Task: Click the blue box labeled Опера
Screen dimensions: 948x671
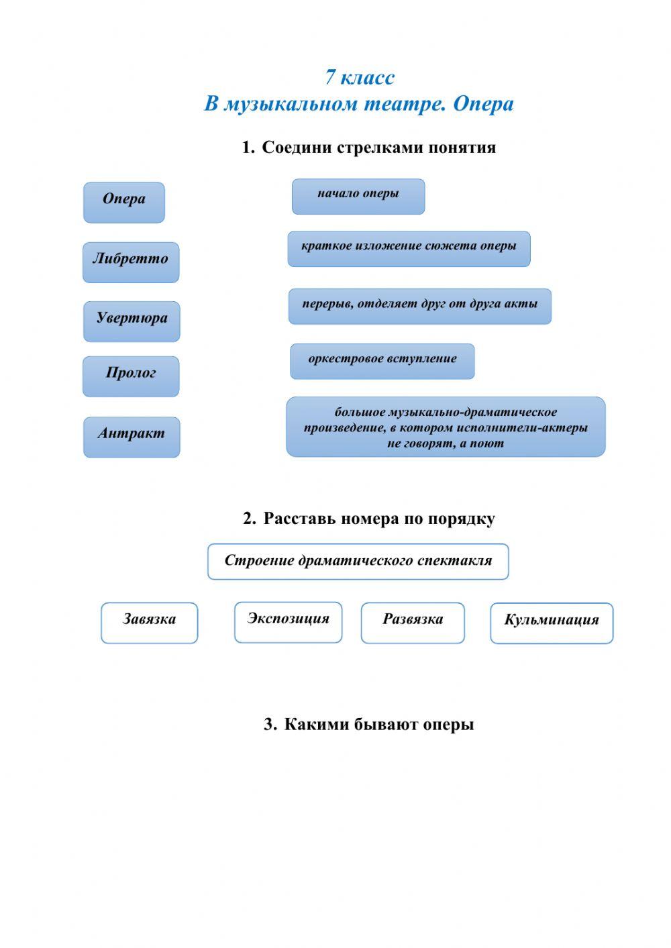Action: tap(124, 202)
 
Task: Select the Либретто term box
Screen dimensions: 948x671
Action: tap(131, 262)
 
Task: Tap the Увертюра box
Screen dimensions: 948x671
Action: tap(132, 321)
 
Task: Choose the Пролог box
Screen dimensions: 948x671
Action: tap(131, 376)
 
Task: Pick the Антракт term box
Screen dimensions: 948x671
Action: tap(132, 437)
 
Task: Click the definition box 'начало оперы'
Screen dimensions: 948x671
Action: tap(358, 196)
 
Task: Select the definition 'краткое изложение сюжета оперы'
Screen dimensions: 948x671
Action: tap(409, 248)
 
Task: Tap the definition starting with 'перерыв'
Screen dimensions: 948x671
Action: tap(419, 306)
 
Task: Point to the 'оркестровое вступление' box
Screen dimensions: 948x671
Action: tap(382, 361)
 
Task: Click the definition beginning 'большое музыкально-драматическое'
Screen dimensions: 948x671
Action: tap(446, 427)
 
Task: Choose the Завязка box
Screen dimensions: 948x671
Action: tap(149, 622)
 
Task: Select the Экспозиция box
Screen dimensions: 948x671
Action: tap(288, 621)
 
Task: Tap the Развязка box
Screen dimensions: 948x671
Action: tap(413, 622)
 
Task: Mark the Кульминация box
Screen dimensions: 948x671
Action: tap(552, 623)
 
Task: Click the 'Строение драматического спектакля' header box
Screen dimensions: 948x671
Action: tap(358, 561)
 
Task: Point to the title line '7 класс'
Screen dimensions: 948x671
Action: tap(360, 77)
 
